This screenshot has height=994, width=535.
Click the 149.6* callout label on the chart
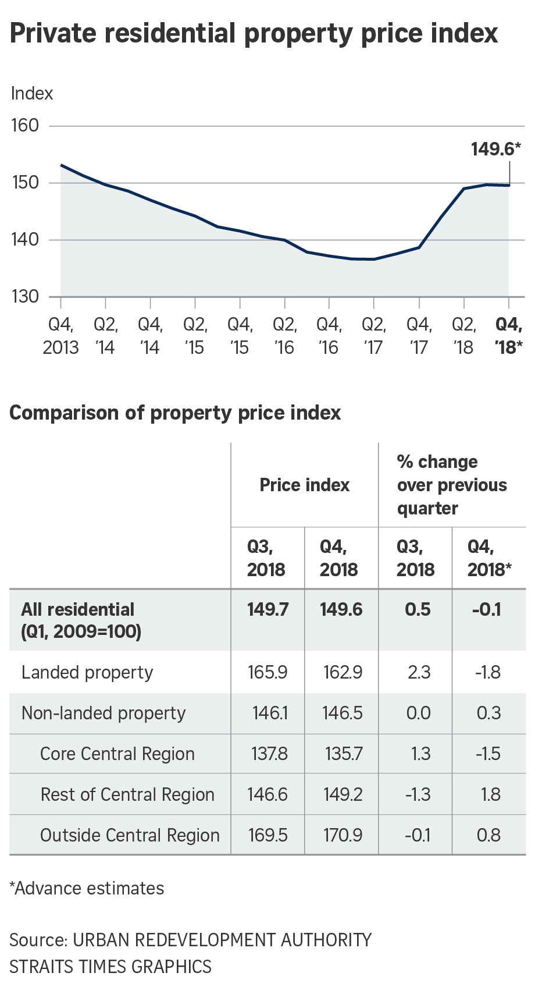point(495,149)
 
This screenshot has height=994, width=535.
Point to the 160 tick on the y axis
point(25,125)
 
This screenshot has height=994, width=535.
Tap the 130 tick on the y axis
point(25,296)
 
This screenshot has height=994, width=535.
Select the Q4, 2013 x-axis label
point(60,336)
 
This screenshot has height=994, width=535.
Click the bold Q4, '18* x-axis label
point(509,336)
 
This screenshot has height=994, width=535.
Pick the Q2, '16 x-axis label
point(284,336)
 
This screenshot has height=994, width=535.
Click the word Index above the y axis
point(32,94)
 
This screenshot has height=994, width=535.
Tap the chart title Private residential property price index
point(254,33)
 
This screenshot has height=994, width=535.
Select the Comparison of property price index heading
point(175,413)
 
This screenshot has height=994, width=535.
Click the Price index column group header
point(305,485)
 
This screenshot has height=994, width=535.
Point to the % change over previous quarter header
point(452,485)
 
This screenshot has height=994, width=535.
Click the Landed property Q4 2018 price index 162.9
point(343,672)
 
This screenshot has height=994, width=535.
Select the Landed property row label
point(87,672)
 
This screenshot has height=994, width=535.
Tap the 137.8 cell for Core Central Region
point(269,754)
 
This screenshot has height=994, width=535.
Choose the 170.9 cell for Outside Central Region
point(343,835)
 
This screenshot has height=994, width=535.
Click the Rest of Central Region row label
point(127,794)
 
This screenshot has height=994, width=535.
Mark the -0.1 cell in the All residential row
point(487,609)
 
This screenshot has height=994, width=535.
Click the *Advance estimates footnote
point(87,888)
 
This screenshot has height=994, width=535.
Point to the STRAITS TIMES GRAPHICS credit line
point(110,966)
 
